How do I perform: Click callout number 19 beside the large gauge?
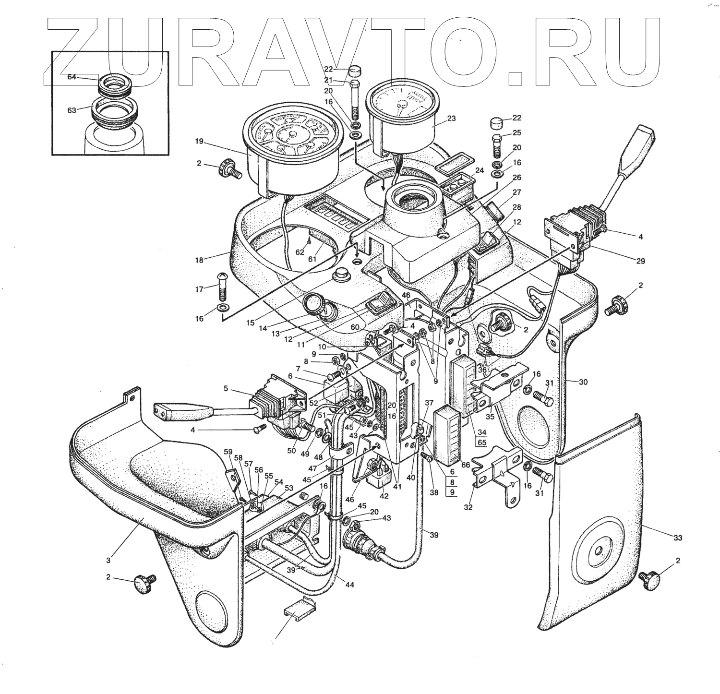pos(199,142)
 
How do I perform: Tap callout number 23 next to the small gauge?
pos(451,119)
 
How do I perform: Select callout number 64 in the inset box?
pos(72,77)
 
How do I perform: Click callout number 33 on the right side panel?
pos(677,538)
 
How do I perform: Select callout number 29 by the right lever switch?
pos(640,261)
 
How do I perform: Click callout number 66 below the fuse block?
pos(465,465)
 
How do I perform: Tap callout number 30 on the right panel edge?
pos(583,382)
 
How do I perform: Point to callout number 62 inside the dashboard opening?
pos(300,252)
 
